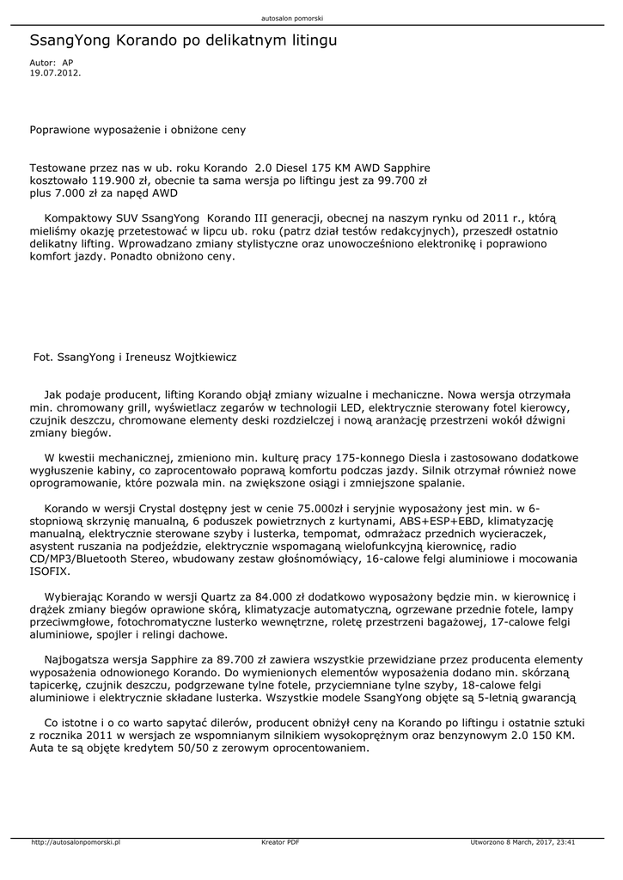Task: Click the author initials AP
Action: [68, 64]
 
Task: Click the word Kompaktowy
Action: [79, 218]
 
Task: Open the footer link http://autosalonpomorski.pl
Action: [76, 843]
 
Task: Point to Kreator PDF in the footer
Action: [280, 843]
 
